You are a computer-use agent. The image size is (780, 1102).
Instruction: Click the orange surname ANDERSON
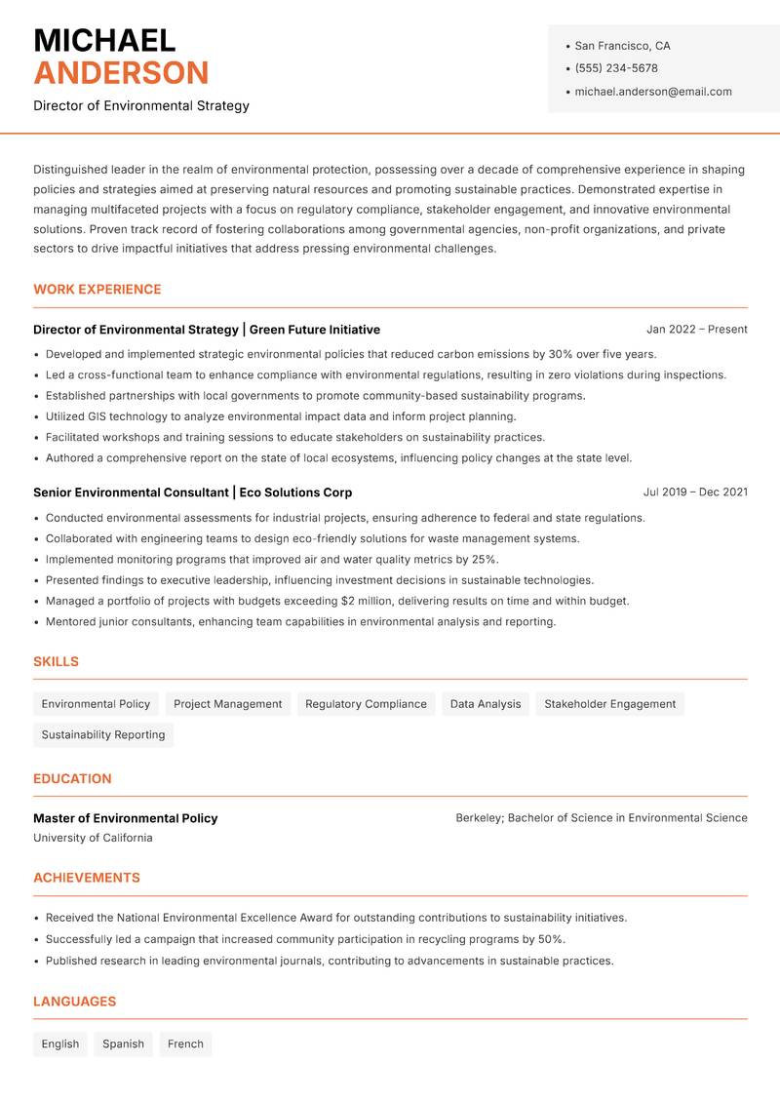point(121,73)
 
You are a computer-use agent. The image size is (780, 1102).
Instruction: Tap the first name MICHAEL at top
point(104,41)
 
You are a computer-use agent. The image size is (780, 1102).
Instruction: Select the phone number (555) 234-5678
point(616,68)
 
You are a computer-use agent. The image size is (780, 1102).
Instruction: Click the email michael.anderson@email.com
point(653,92)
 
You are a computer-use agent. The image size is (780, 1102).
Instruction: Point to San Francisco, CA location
point(622,46)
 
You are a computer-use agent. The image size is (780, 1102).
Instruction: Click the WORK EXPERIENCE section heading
point(97,290)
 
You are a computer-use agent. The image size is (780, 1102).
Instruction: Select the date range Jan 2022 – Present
point(696,330)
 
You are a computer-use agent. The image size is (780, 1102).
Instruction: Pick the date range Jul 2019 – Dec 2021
point(695,492)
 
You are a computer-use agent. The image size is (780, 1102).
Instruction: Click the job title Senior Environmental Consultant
point(131,492)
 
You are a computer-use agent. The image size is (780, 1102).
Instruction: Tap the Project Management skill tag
point(227,704)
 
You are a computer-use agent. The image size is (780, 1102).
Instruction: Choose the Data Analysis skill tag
point(486,704)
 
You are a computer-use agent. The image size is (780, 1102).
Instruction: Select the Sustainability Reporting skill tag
point(103,735)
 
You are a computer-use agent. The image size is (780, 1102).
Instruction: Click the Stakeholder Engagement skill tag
point(609,704)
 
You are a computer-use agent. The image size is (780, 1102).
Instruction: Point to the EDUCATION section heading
point(72,779)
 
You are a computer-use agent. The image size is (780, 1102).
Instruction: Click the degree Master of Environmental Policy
point(125,818)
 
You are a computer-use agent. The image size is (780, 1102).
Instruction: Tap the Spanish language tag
point(123,1044)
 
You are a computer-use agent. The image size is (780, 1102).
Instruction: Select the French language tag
point(185,1044)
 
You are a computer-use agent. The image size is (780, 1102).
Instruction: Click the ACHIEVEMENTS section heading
point(87,878)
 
